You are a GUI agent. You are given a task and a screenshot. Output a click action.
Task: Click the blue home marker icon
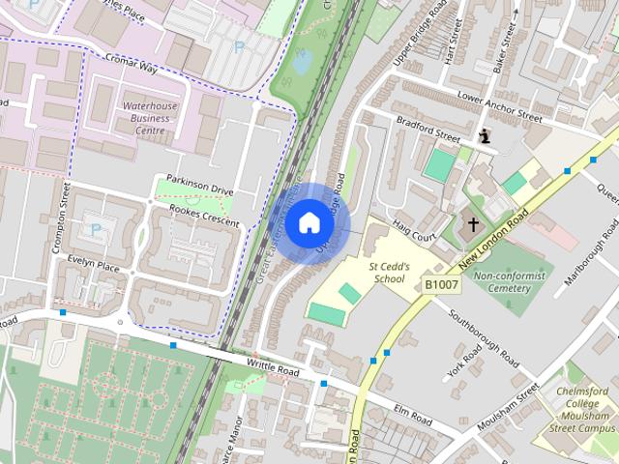pyautogui.click(x=309, y=223)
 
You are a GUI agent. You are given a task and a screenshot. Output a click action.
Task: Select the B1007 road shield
pyautogui.click(x=440, y=284)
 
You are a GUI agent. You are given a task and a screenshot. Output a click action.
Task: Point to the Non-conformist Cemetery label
pyautogui.click(x=509, y=282)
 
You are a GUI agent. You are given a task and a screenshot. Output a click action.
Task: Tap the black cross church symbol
pyautogui.click(x=473, y=225)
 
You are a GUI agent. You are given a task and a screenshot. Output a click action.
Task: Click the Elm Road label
pyautogui.click(x=413, y=415)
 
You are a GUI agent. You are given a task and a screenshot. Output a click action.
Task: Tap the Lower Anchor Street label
pyautogui.click(x=499, y=106)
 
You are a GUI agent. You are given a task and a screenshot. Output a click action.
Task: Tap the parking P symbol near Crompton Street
pyautogui.click(x=95, y=229)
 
